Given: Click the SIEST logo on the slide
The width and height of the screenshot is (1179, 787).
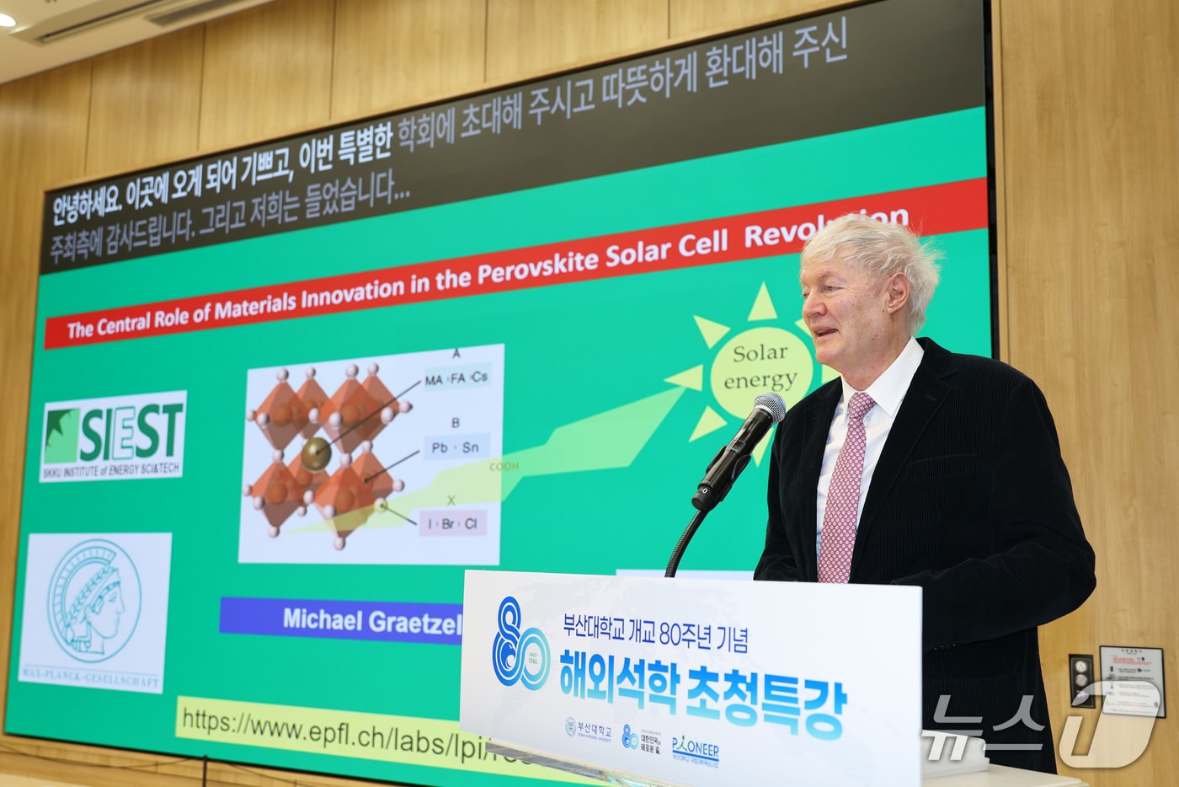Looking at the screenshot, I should pyautogui.click(x=113, y=436).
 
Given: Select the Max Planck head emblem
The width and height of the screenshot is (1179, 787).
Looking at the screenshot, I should pyautogui.click(x=93, y=600).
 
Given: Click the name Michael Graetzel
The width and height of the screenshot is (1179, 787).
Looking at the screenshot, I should pyautogui.click(x=371, y=621).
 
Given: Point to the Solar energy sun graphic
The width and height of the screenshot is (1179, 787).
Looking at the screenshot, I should pyautogui.click(x=760, y=367).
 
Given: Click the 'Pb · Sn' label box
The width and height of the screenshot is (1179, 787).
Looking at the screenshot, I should pyautogui.click(x=455, y=447).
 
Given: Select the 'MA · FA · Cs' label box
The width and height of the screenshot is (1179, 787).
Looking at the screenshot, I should pyautogui.click(x=456, y=378).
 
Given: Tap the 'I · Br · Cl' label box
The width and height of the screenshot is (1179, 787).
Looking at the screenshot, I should pyautogui.click(x=452, y=523).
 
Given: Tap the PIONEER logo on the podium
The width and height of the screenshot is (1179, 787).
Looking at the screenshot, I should pyautogui.click(x=696, y=749).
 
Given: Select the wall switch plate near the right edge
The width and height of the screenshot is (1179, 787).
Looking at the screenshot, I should pyautogui.click(x=1081, y=679).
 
